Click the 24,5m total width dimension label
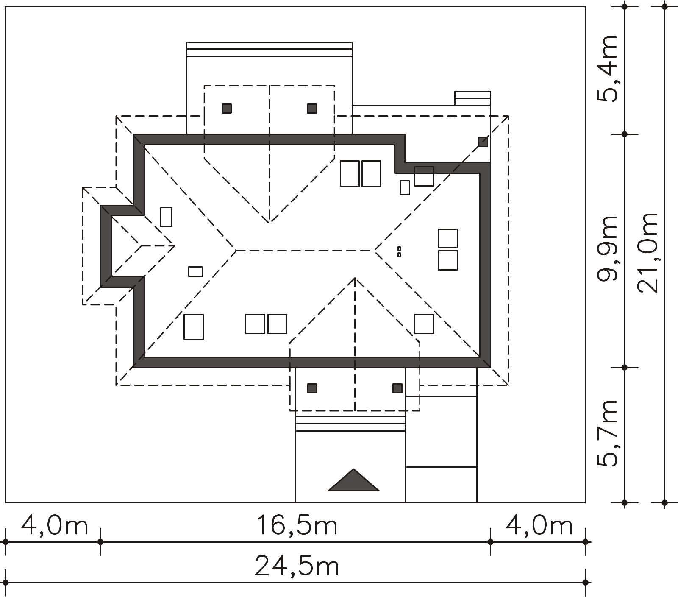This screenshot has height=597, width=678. point(297,566)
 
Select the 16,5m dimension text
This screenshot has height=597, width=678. point(297,526)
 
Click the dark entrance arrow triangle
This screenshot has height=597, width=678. point(353,480)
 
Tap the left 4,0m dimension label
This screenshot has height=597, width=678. point(54,526)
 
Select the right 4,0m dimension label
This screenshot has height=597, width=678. point(539,526)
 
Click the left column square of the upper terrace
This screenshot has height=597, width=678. point(227,109)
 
